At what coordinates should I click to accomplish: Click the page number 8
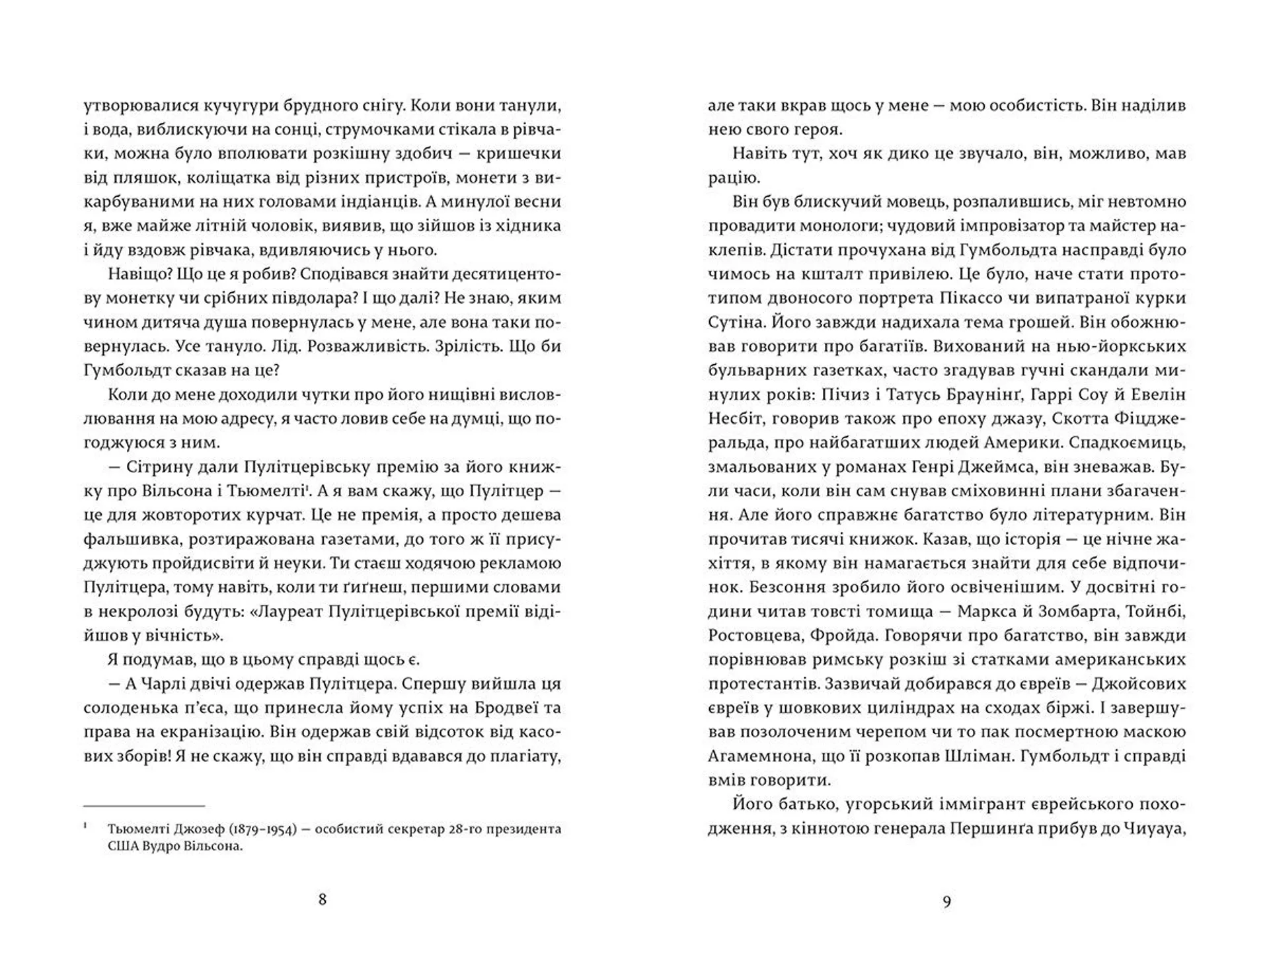coord(323,899)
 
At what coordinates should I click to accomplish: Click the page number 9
coord(946,901)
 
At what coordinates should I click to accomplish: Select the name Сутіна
coord(736,322)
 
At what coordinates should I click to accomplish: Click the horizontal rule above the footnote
coord(144,806)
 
